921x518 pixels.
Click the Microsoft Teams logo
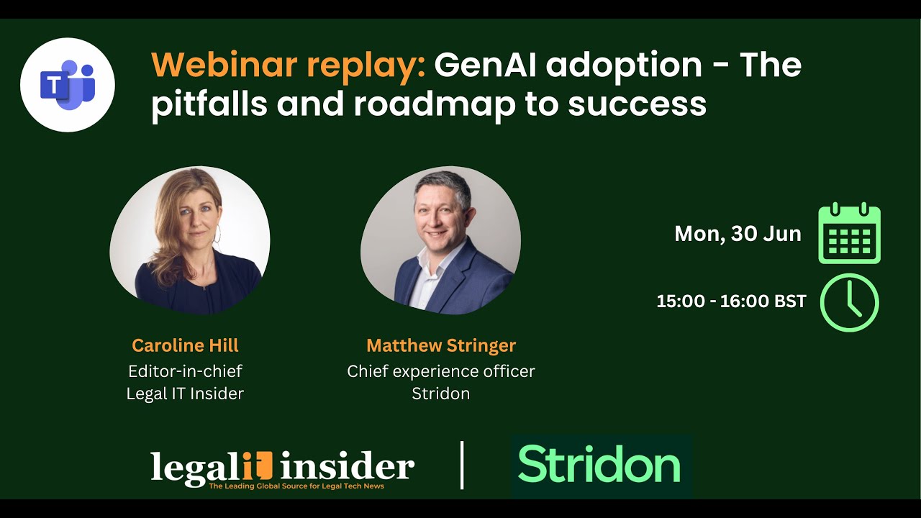[x=68, y=85]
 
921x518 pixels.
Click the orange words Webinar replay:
[x=289, y=65]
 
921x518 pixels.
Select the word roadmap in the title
[x=435, y=104]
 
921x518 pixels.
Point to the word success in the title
[x=637, y=104]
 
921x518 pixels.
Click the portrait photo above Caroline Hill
[x=190, y=240]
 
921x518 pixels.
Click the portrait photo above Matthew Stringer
[x=441, y=240]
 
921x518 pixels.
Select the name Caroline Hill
[x=185, y=345]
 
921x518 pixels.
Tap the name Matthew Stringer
[x=441, y=346]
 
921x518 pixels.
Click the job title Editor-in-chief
[x=185, y=371]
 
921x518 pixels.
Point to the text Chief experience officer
[x=441, y=372]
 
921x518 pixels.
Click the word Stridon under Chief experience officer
[x=441, y=394]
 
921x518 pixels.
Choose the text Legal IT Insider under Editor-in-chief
[x=185, y=394]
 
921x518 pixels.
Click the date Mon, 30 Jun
[x=738, y=234]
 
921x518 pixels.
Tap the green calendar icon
[x=850, y=233]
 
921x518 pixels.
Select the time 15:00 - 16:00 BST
[x=731, y=301]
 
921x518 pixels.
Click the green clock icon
[x=850, y=303]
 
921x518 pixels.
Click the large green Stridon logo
[x=599, y=464]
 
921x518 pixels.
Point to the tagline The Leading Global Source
[x=296, y=486]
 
